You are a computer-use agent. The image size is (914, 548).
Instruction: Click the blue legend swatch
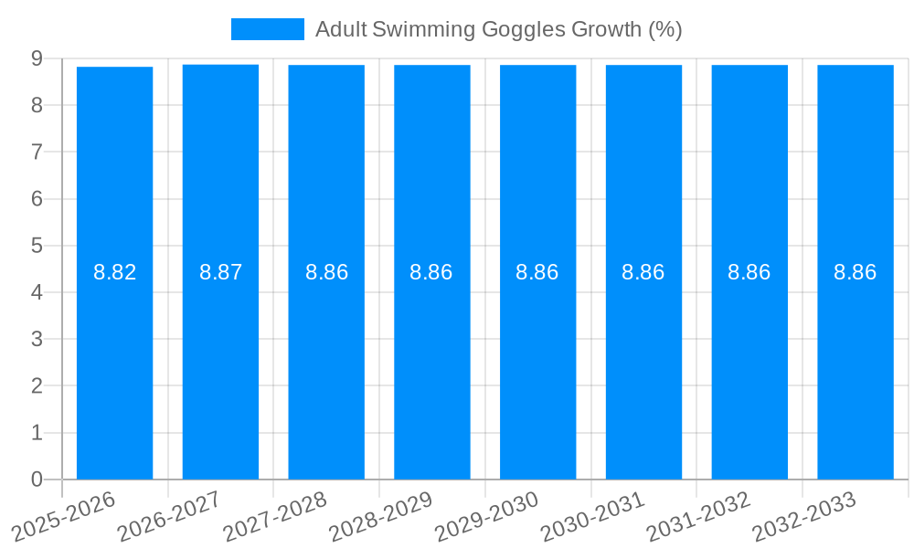point(267,29)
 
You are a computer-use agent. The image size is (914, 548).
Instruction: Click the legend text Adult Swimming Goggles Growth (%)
point(498,29)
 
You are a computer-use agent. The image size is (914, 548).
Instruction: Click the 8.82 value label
point(114,272)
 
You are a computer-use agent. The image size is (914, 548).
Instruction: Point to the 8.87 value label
point(220,272)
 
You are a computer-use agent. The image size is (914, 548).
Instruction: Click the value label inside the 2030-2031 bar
point(643,272)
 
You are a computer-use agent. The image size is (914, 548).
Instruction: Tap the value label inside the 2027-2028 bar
point(326,272)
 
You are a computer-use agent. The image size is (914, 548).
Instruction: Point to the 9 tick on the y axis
point(37,58)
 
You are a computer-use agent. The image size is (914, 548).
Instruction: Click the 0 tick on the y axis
point(37,479)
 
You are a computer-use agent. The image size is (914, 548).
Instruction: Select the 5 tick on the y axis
point(37,246)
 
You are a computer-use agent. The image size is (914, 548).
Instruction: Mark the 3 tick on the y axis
point(37,339)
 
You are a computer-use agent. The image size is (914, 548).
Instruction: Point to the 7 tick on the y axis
point(37,152)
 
